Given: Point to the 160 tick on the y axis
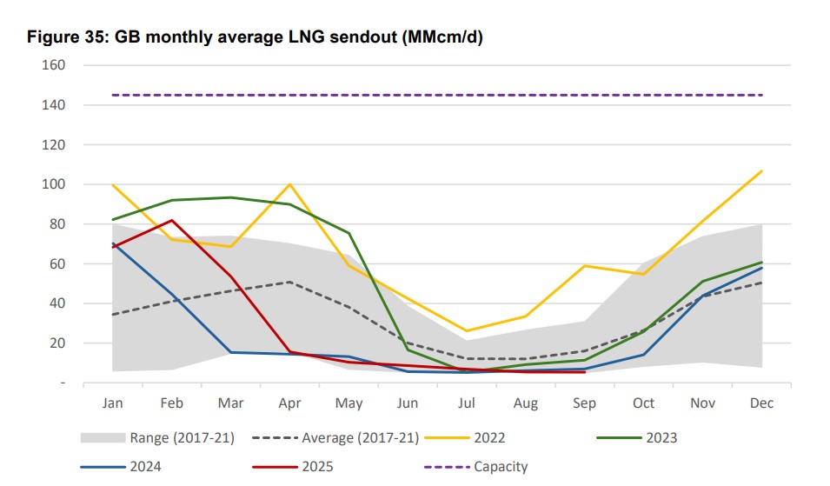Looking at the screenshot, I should (x=55, y=65).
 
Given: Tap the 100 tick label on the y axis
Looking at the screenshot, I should (x=55, y=184).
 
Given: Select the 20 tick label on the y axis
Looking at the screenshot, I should (x=58, y=343).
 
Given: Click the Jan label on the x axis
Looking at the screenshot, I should (x=113, y=403).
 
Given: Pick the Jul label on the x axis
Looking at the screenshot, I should (x=468, y=403).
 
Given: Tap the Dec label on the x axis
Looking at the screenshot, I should (x=762, y=403).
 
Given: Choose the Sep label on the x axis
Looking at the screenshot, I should (x=585, y=403).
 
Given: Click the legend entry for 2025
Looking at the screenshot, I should (x=317, y=467).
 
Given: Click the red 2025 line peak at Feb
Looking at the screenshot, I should (x=172, y=220).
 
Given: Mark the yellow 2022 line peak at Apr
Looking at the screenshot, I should (x=289, y=183).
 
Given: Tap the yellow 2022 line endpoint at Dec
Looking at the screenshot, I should (x=762, y=170).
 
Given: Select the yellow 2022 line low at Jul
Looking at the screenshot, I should (x=467, y=331).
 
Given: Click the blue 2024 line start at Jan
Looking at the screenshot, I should (x=113, y=243).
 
